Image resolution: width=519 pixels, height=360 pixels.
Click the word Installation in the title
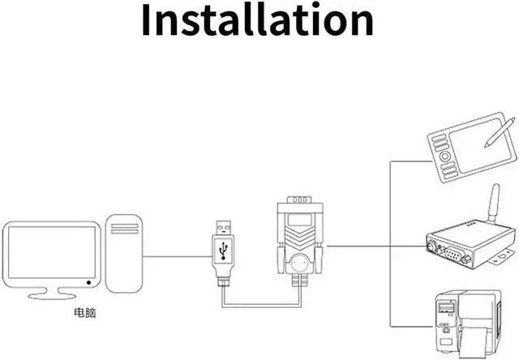(258, 22)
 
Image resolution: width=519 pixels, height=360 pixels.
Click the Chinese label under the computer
(84, 311)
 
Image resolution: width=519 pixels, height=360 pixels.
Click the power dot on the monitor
(88, 282)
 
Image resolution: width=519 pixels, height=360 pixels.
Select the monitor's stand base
(52, 293)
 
